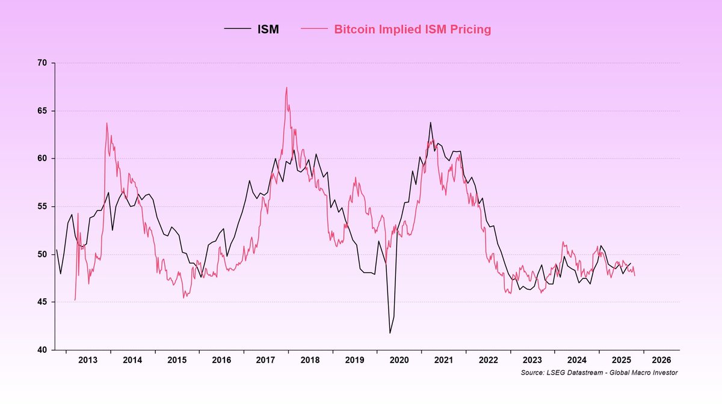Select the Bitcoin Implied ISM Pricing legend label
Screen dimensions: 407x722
(x=412, y=29)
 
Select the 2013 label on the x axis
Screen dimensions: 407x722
(x=88, y=360)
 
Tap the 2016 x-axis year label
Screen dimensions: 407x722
(x=221, y=360)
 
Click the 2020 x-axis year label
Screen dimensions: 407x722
(x=399, y=360)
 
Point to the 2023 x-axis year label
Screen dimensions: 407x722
(x=532, y=360)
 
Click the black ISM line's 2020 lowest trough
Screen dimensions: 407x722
(x=390, y=332)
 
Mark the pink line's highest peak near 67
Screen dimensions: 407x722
(x=286, y=88)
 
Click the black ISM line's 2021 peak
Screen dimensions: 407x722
(x=430, y=123)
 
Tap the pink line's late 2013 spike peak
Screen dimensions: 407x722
(x=106, y=123)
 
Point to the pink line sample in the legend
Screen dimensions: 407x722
(x=316, y=29)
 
